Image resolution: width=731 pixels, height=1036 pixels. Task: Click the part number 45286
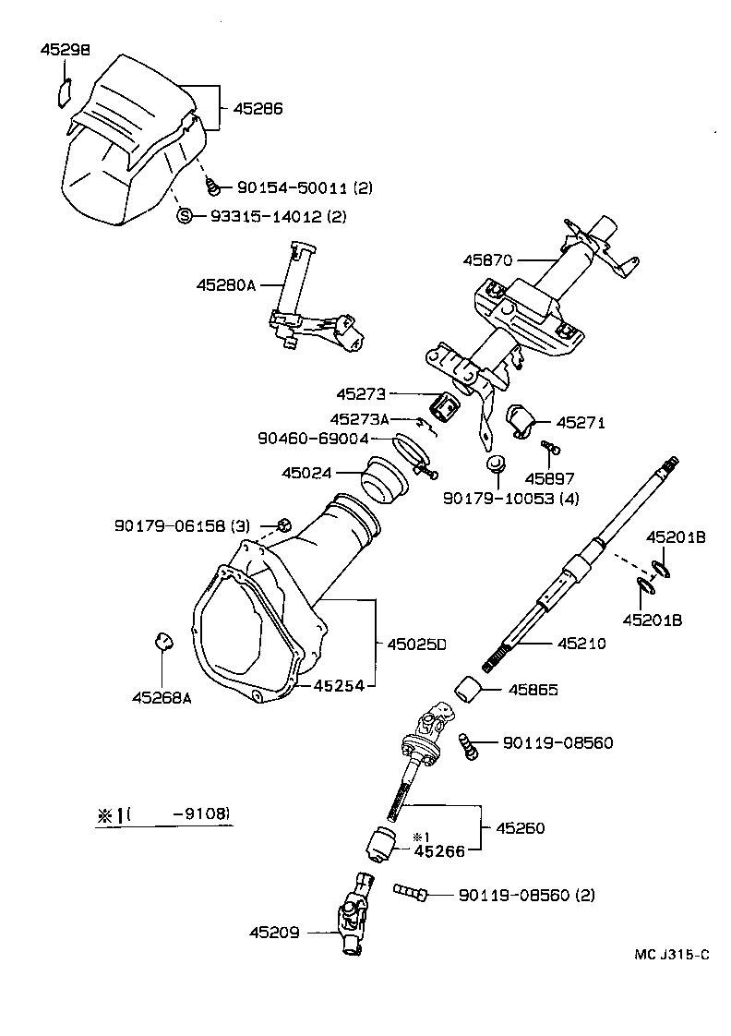(x=258, y=108)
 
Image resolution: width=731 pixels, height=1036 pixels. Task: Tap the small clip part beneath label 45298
(x=63, y=93)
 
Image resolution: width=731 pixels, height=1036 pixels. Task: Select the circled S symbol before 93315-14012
(x=183, y=216)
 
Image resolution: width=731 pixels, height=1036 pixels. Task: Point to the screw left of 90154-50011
(x=215, y=187)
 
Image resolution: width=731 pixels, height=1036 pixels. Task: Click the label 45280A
(x=224, y=285)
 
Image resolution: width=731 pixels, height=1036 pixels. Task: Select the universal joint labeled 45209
(x=356, y=910)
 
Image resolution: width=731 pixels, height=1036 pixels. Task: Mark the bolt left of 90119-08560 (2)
(x=410, y=893)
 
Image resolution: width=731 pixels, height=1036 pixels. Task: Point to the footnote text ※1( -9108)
(x=163, y=814)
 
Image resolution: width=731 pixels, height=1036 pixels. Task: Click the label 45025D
(x=415, y=644)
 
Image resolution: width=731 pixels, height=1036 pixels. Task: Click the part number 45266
(x=439, y=851)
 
